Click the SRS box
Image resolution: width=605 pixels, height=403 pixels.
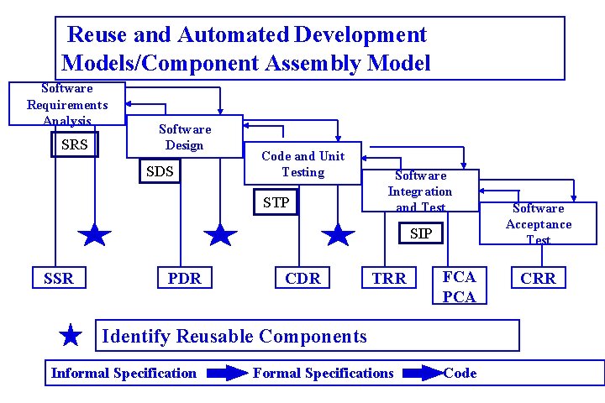click(75, 144)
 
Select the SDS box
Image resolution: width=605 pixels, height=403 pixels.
click(160, 172)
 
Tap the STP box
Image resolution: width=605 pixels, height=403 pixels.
click(276, 202)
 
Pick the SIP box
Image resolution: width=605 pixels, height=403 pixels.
click(421, 233)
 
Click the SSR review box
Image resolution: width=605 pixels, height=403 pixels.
click(59, 278)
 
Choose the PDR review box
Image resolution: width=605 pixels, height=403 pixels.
click(185, 278)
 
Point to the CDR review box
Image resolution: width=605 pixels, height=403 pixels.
click(302, 278)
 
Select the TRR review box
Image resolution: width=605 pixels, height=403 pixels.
click(389, 278)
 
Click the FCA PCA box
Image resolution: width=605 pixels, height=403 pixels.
click(459, 286)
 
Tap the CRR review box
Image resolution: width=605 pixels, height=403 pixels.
click(538, 278)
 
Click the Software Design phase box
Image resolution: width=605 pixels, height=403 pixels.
click(185, 137)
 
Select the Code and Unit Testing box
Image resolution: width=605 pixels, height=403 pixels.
click(302, 164)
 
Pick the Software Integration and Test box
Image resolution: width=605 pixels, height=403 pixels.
click(420, 191)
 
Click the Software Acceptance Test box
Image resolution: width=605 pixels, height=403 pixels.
click(538, 223)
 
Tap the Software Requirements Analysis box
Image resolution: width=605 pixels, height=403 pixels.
click(67, 103)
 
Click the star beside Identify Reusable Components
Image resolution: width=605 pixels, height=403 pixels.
click(71, 337)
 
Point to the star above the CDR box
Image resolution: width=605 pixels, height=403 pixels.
click(339, 235)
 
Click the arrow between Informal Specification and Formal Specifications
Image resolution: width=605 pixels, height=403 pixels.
click(227, 374)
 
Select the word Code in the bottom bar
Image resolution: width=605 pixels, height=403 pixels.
click(460, 373)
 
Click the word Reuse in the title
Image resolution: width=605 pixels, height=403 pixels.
click(94, 35)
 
